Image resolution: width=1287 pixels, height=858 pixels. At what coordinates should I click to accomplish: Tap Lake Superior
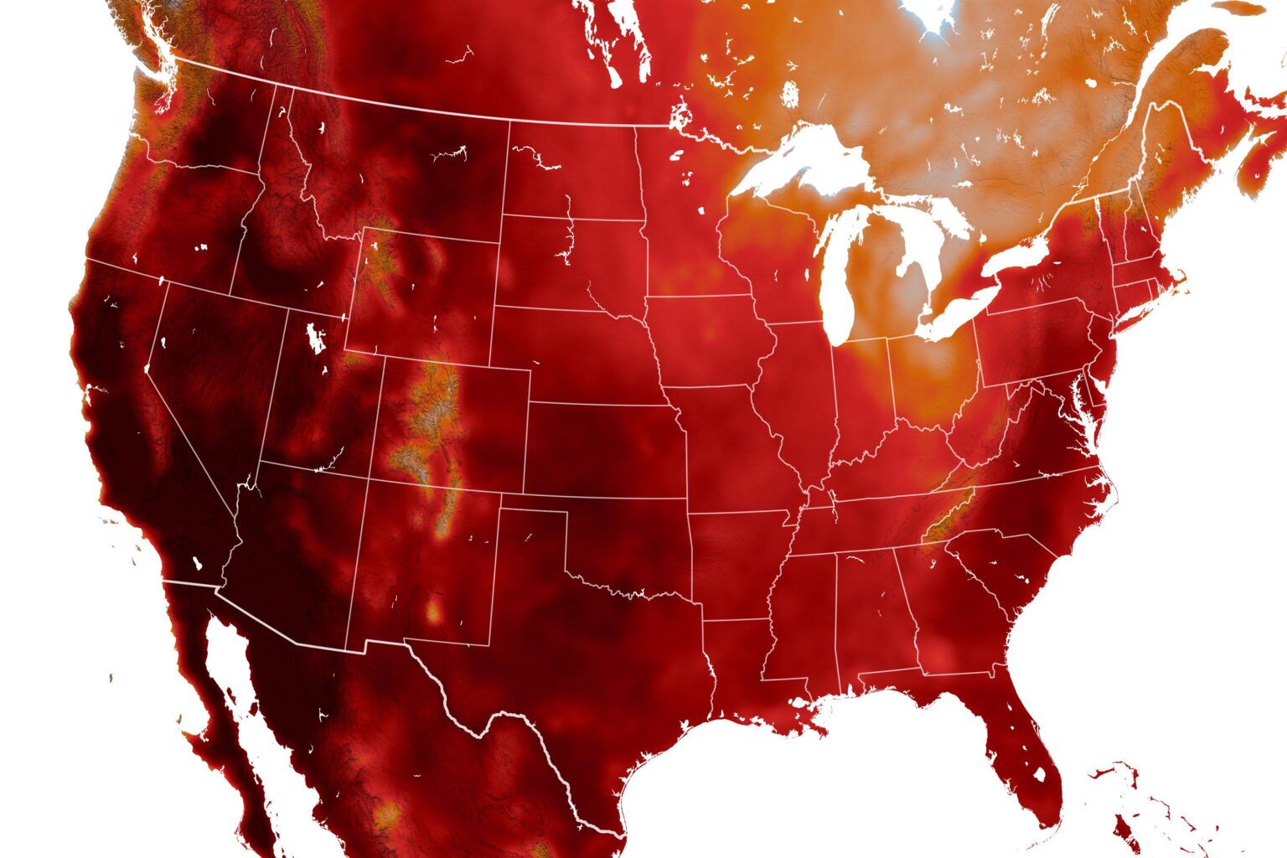[x=804, y=159]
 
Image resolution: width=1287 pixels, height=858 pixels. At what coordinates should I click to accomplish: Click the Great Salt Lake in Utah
[x=316, y=339]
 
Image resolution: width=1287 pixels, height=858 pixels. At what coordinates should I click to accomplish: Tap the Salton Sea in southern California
[x=199, y=564]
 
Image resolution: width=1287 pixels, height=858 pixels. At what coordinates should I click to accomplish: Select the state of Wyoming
[x=427, y=293]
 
